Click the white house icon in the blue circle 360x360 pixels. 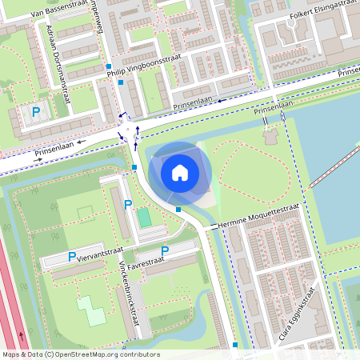coord(179,172)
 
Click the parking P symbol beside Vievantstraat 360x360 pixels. coord(71,257)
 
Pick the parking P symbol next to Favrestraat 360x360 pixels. coord(165,250)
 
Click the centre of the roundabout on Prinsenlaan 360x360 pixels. coord(128,130)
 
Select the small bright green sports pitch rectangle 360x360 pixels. coord(143,217)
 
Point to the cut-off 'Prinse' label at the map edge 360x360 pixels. coord(347,72)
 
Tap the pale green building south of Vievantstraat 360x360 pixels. coord(90,310)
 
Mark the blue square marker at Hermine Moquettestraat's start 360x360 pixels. coord(178,210)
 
